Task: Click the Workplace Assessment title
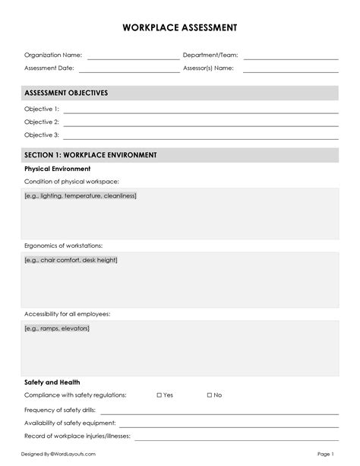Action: point(180,27)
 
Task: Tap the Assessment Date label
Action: point(49,68)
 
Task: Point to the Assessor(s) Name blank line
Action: point(290,70)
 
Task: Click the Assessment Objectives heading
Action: point(66,93)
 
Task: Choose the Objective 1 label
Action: point(41,109)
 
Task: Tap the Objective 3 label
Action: point(41,135)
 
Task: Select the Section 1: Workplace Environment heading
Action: point(90,155)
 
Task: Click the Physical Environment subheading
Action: point(57,169)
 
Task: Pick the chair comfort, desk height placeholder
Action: point(71,260)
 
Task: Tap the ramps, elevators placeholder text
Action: point(57,328)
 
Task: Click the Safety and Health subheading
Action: point(52,382)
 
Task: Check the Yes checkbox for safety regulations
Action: point(159,395)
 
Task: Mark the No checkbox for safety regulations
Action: point(210,395)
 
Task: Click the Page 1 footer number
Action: point(326,454)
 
